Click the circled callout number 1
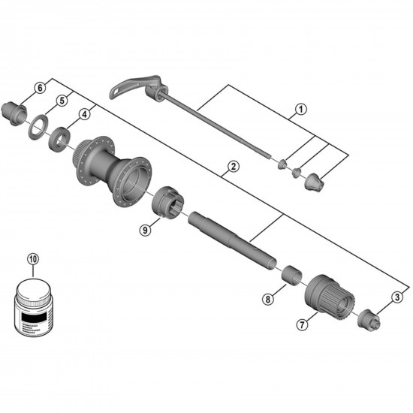(x=299, y=109)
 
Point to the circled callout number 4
(x=84, y=115)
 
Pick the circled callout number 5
(x=64, y=99)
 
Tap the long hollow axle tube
(x=228, y=239)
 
